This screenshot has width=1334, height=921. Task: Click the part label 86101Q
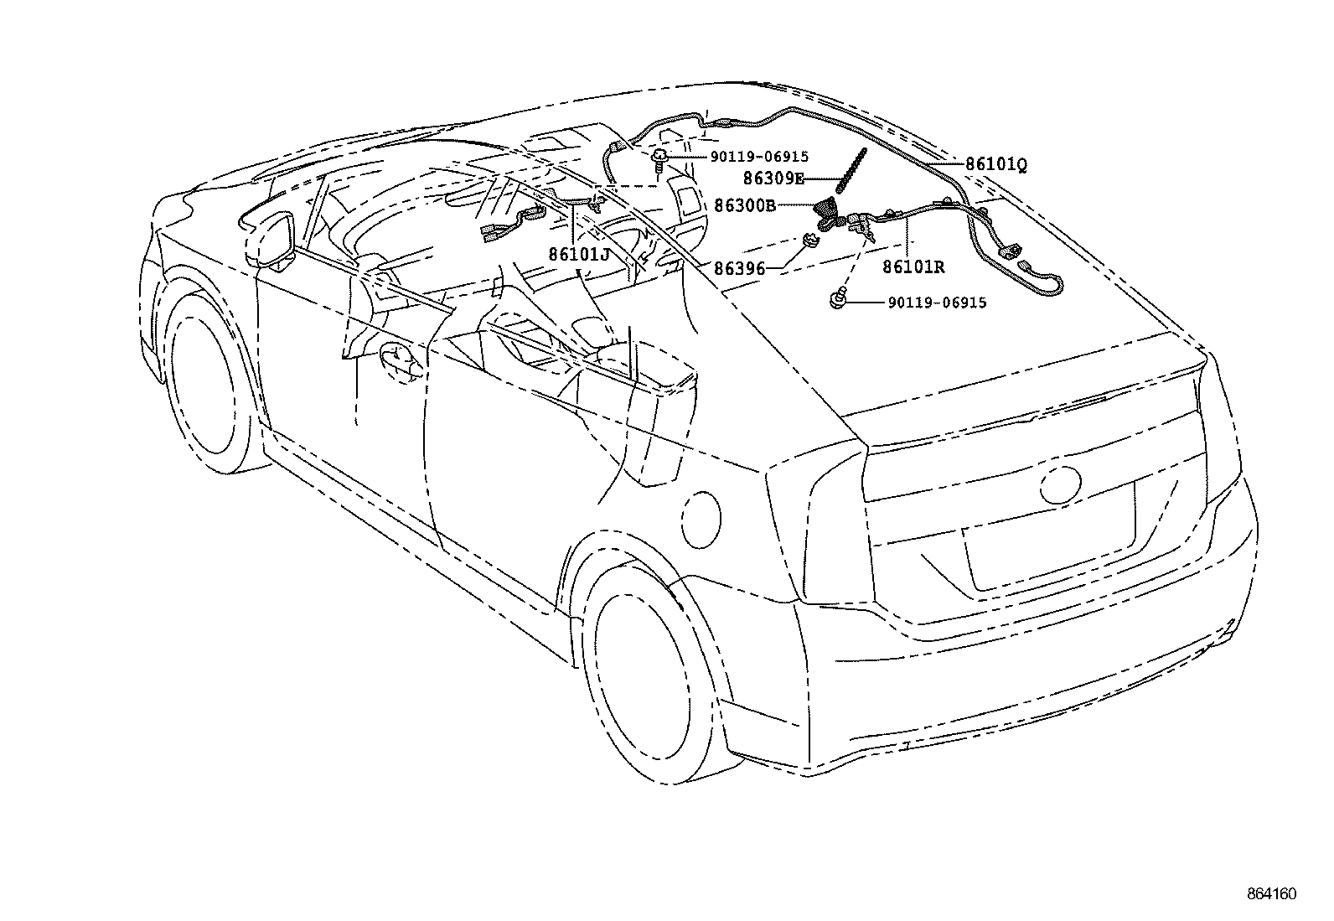tap(995, 165)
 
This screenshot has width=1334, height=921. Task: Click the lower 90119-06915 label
tap(936, 303)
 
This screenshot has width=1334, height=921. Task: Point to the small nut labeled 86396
tap(810, 241)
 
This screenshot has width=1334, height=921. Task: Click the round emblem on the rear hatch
tap(1062, 484)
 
